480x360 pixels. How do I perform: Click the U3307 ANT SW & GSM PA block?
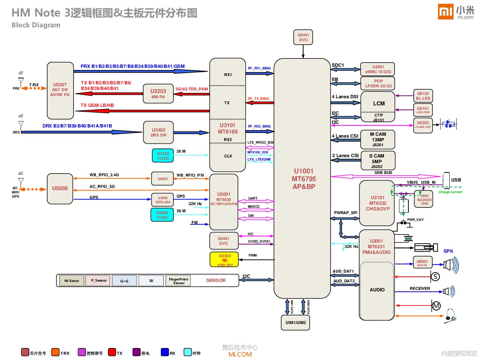click(x=60, y=90)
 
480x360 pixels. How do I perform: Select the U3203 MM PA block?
click(x=158, y=94)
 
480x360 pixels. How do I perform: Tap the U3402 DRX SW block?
click(x=158, y=132)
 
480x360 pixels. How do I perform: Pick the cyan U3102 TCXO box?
click(x=163, y=156)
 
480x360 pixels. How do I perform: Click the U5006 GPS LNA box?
click(x=163, y=200)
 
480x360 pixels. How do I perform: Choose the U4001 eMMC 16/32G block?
click(x=378, y=69)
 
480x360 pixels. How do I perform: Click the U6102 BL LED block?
click(x=423, y=96)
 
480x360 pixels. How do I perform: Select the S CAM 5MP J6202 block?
click(x=377, y=161)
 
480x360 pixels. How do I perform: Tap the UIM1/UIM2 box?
click(x=295, y=322)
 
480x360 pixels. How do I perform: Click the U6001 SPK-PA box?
click(x=422, y=263)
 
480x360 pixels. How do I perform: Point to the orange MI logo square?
click(x=445, y=12)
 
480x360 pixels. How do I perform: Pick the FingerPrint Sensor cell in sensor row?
click(x=178, y=281)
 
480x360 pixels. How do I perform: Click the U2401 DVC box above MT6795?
click(x=303, y=37)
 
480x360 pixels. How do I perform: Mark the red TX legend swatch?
click(x=112, y=352)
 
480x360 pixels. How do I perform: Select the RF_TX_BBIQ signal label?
click(x=258, y=99)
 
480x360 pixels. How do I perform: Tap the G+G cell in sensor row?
click(x=124, y=281)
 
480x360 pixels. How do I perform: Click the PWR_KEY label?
click(x=415, y=220)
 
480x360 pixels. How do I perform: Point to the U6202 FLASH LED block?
click(x=423, y=124)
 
